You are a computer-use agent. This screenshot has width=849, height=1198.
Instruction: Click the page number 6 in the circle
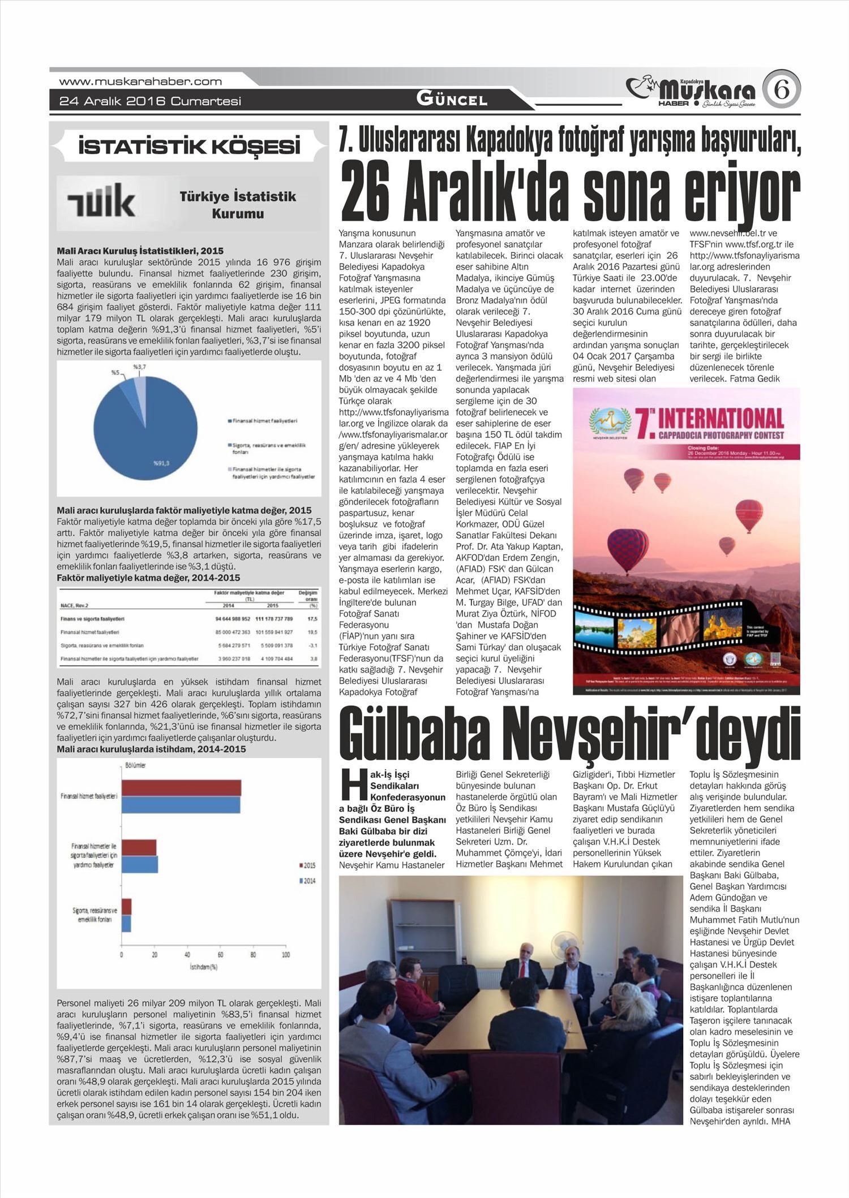tap(781, 91)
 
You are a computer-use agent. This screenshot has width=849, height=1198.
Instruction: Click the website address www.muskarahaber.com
tap(140, 81)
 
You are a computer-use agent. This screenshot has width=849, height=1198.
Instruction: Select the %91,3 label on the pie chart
tap(161, 463)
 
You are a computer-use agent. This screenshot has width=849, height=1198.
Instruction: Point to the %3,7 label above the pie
tap(139, 367)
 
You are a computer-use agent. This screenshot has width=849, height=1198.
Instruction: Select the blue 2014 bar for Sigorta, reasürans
tap(126, 924)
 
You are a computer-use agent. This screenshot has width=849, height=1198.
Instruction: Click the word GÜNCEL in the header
tap(452, 100)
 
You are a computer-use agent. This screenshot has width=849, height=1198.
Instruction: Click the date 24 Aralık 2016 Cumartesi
tap(151, 101)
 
